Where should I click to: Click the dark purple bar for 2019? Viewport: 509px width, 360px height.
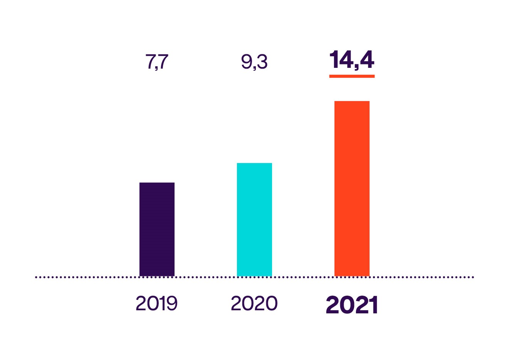157,229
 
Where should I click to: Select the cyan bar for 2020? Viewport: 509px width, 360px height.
254,219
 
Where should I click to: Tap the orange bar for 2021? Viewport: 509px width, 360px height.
352,188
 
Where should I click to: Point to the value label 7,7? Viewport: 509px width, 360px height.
157,62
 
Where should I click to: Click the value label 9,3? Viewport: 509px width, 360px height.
254,62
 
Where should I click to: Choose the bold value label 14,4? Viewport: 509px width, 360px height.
352,60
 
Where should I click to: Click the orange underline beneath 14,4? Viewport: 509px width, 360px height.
352,76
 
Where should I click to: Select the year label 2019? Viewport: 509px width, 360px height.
156,303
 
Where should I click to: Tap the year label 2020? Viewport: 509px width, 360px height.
254,303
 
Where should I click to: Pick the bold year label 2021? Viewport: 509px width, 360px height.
352,305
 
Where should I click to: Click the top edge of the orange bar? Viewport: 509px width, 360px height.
352,101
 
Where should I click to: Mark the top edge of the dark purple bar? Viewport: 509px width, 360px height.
157,183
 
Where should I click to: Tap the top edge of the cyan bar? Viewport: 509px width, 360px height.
254,163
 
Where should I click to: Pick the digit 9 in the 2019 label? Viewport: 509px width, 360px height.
172,303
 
